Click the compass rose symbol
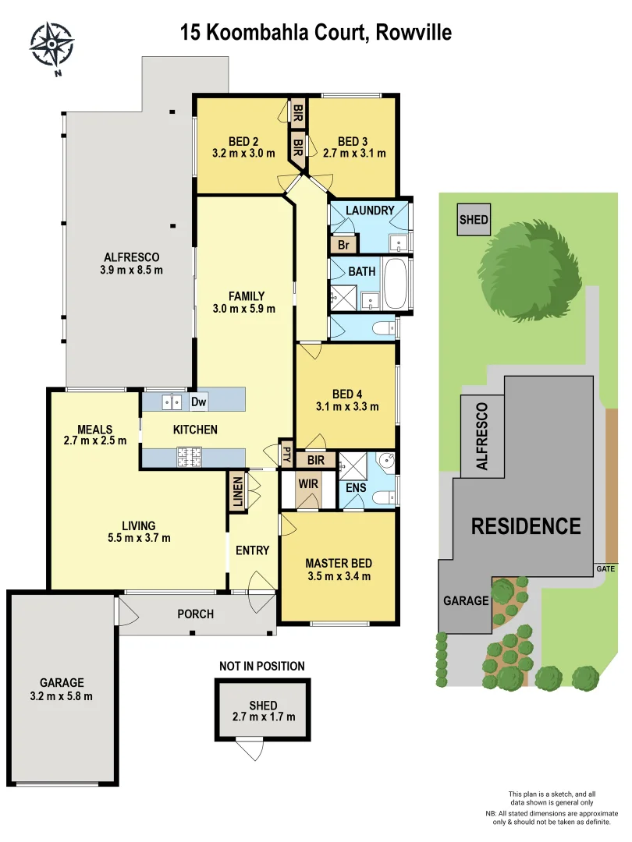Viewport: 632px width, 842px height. [x=52, y=45]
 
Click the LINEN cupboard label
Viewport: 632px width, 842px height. [x=237, y=491]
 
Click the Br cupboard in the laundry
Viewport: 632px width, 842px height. [x=343, y=245]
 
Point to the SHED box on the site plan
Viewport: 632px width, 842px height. [x=473, y=220]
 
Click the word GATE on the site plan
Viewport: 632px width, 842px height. [x=606, y=568]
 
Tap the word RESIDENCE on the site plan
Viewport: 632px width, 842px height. [x=526, y=526]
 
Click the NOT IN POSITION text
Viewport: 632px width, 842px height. [x=262, y=666]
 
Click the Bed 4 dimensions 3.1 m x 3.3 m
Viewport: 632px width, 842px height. [x=347, y=406]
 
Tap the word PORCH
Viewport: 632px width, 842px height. [x=195, y=614]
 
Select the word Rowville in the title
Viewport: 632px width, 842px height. [x=414, y=32]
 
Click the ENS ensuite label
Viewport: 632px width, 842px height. [x=357, y=488]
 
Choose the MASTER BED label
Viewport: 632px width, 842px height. [x=338, y=563]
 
